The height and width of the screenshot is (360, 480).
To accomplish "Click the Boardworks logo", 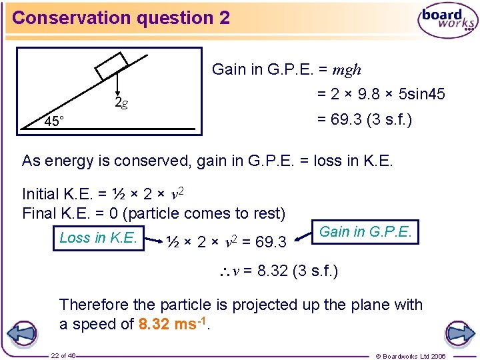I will click(x=447, y=20).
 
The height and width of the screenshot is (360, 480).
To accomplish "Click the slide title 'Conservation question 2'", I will click(x=121, y=18).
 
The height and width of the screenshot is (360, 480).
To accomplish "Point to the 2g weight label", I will click(x=121, y=103).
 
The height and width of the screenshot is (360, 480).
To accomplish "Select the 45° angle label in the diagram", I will click(x=54, y=121).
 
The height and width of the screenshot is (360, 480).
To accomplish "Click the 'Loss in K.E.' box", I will click(x=99, y=237).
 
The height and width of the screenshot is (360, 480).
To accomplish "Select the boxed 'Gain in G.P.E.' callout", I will click(x=367, y=233).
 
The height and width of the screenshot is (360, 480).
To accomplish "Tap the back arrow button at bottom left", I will click(x=22, y=333).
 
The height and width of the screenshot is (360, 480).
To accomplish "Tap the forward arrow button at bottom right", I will click(x=459, y=333).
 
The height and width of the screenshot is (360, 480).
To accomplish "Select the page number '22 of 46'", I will click(x=63, y=356).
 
